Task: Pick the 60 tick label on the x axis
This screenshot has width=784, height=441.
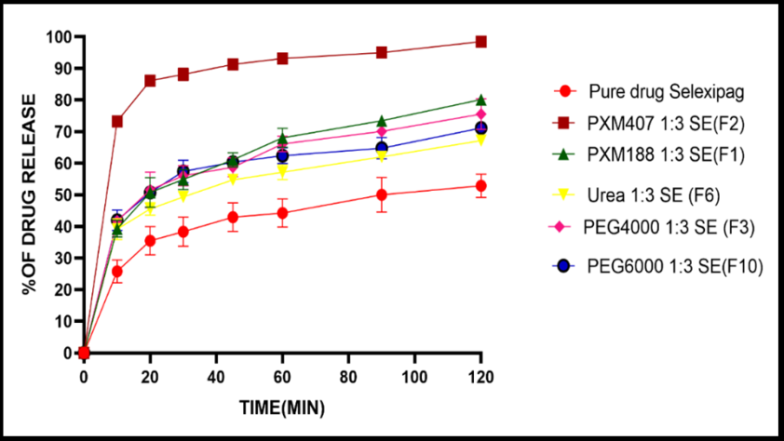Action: (282, 377)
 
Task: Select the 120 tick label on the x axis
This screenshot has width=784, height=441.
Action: (480, 377)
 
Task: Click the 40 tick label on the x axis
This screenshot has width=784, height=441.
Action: (216, 377)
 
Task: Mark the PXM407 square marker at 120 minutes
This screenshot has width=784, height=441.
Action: (480, 42)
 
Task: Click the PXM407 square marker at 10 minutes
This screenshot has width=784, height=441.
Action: (117, 121)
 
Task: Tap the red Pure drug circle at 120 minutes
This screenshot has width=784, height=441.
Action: (480, 186)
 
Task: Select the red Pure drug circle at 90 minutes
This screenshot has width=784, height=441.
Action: (382, 194)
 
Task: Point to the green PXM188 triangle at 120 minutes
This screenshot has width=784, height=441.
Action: (480, 100)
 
